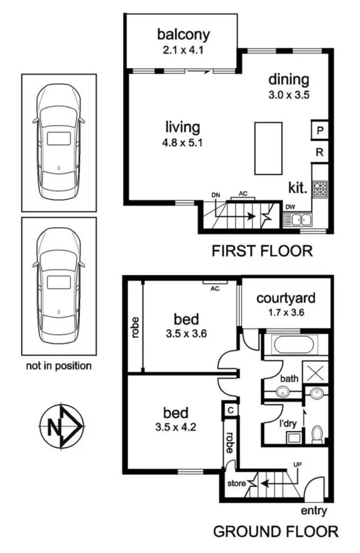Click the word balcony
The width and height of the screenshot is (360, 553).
(x=183, y=34)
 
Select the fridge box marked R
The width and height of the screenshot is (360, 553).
(x=320, y=153)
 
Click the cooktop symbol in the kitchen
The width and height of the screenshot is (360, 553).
(x=320, y=191)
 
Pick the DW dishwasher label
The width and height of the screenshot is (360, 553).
(x=290, y=206)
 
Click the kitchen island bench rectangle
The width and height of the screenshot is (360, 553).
(x=268, y=148)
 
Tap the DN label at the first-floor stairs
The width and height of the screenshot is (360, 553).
(x=216, y=194)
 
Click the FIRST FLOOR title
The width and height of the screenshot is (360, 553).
(x=262, y=251)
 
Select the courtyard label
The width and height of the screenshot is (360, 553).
(x=285, y=297)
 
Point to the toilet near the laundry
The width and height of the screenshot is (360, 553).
(x=318, y=433)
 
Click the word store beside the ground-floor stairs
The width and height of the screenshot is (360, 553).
(x=236, y=482)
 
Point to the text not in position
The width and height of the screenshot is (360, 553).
(x=58, y=366)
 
